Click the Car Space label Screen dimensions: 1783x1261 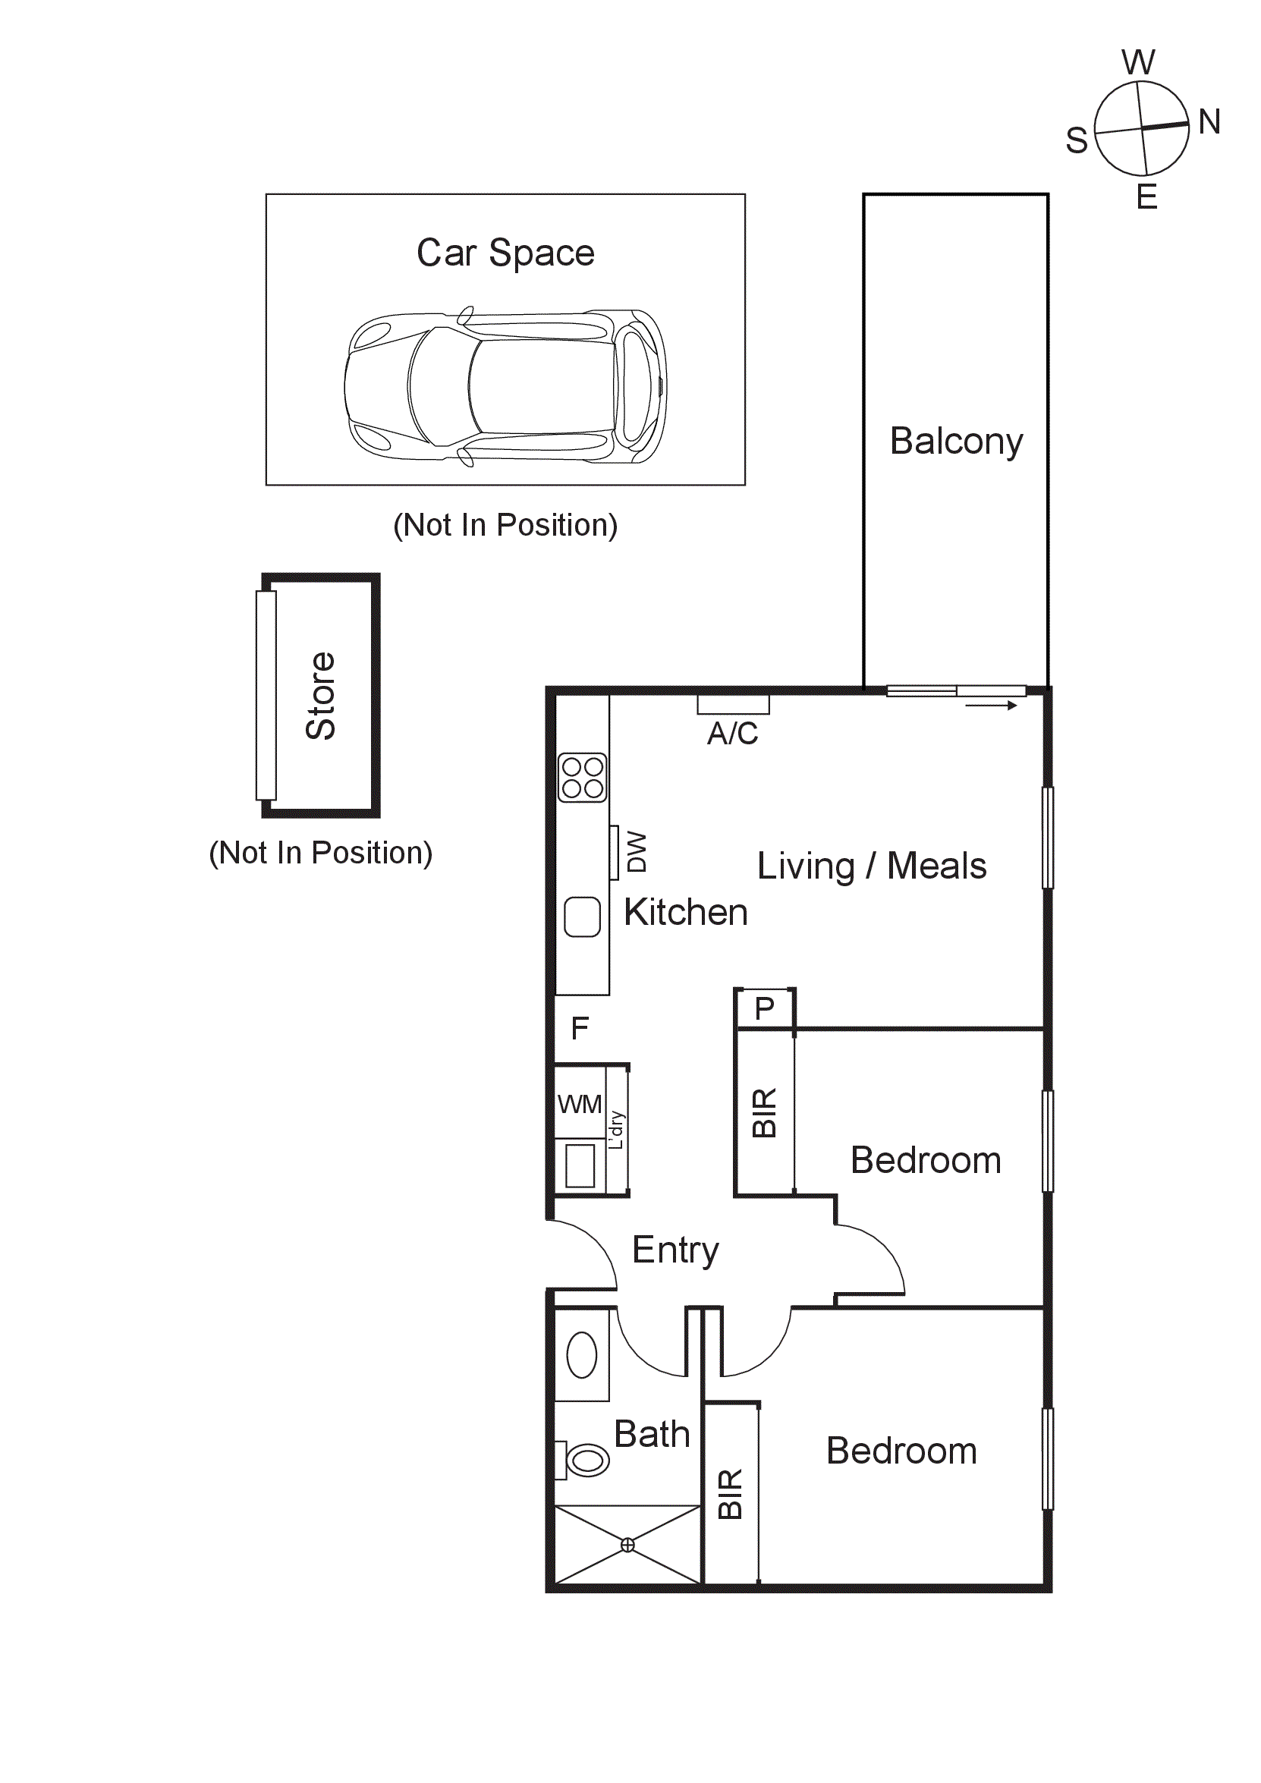pyautogui.click(x=505, y=253)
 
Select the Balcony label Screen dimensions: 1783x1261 pyautogui.click(x=956, y=442)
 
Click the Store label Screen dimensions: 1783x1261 pyautogui.click(x=321, y=695)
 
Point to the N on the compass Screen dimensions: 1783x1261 pyautogui.click(x=1209, y=122)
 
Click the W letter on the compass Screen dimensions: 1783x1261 pyautogui.click(x=1138, y=63)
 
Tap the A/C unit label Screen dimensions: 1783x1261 pyautogui.click(x=732, y=733)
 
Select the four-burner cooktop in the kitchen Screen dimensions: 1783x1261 pyautogui.click(x=583, y=778)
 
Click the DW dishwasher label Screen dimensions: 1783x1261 pyautogui.click(x=636, y=852)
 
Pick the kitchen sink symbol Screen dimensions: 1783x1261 pyautogui.click(x=583, y=917)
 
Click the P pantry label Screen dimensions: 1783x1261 pyautogui.click(x=764, y=1009)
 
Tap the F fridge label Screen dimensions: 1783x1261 pyautogui.click(x=579, y=1029)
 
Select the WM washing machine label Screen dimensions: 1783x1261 pyautogui.click(x=579, y=1104)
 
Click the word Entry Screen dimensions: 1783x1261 pyautogui.click(x=675, y=1250)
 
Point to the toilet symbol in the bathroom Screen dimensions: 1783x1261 pyautogui.click(x=586, y=1460)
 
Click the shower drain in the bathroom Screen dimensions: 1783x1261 pyautogui.click(x=627, y=1546)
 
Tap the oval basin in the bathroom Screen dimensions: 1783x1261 pyautogui.click(x=582, y=1355)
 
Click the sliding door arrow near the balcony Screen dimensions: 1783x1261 pyautogui.click(x=991, y=706)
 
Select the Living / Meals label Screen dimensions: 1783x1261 pyautogui.click(x=871, y=866)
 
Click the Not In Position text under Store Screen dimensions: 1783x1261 pyautogui.click(x=321, y=853)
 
